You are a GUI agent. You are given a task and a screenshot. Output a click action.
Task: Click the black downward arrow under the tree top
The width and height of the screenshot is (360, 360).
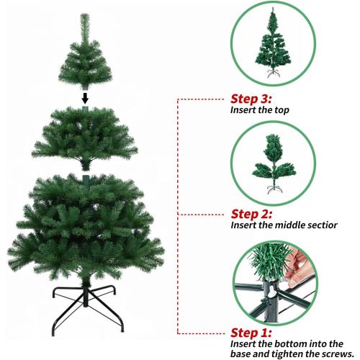point(85,97)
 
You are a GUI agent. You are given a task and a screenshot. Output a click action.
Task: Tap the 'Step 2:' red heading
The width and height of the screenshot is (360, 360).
point(253,214)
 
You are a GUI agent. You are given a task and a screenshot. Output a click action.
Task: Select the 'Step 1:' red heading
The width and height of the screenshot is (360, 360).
point(253,333)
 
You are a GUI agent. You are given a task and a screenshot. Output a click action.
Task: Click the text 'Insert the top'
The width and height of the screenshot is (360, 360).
point(262,111)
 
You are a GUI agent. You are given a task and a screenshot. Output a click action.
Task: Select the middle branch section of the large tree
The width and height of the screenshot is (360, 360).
point(85,137)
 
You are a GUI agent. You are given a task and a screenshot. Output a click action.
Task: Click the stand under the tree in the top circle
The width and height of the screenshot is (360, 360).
point(272,75)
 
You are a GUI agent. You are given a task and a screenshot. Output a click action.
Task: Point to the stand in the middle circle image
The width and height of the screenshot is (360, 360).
point(272,191)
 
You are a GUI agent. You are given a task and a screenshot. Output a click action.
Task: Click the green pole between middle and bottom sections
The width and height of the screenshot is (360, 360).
point(85,176)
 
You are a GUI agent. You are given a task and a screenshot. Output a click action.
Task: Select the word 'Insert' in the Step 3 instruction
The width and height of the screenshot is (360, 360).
point(243,111)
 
